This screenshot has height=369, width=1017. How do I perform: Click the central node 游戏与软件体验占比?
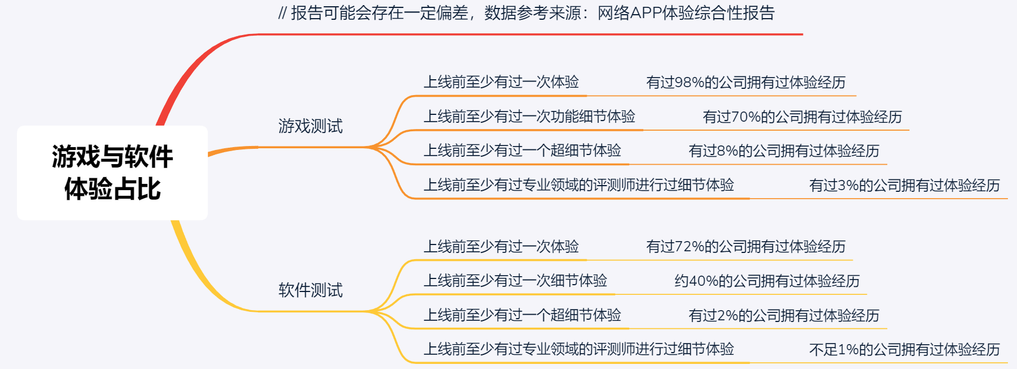coord(112,173)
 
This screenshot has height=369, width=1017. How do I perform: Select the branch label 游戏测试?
coord(310,126)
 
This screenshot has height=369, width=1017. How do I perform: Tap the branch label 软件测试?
coord(310,290)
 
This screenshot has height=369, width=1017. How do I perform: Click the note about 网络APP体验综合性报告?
coord(527,13)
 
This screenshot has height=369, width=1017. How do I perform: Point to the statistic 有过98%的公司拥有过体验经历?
coord(746,83)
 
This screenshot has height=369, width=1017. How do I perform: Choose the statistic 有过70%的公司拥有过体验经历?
coord(802,117)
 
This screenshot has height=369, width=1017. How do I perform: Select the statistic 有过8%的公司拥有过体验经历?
coord(784,151)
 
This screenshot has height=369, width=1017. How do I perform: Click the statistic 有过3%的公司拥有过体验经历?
coord(904,186)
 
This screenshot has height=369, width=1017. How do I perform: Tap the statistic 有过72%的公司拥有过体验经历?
coord(746,247)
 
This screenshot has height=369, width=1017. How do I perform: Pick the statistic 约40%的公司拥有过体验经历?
coord(767,281)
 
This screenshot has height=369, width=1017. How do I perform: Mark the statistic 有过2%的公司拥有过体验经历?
coord(784,315)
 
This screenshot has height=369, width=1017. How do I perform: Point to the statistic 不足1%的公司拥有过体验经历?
coord(904,350)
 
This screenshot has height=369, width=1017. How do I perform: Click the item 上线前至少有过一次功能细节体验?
coord(529,117)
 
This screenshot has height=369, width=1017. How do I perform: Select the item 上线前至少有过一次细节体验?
coord(515,281)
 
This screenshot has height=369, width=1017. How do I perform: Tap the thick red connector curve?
coord(187,79)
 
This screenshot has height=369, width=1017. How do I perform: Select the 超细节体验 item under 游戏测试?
coord(522,151)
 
